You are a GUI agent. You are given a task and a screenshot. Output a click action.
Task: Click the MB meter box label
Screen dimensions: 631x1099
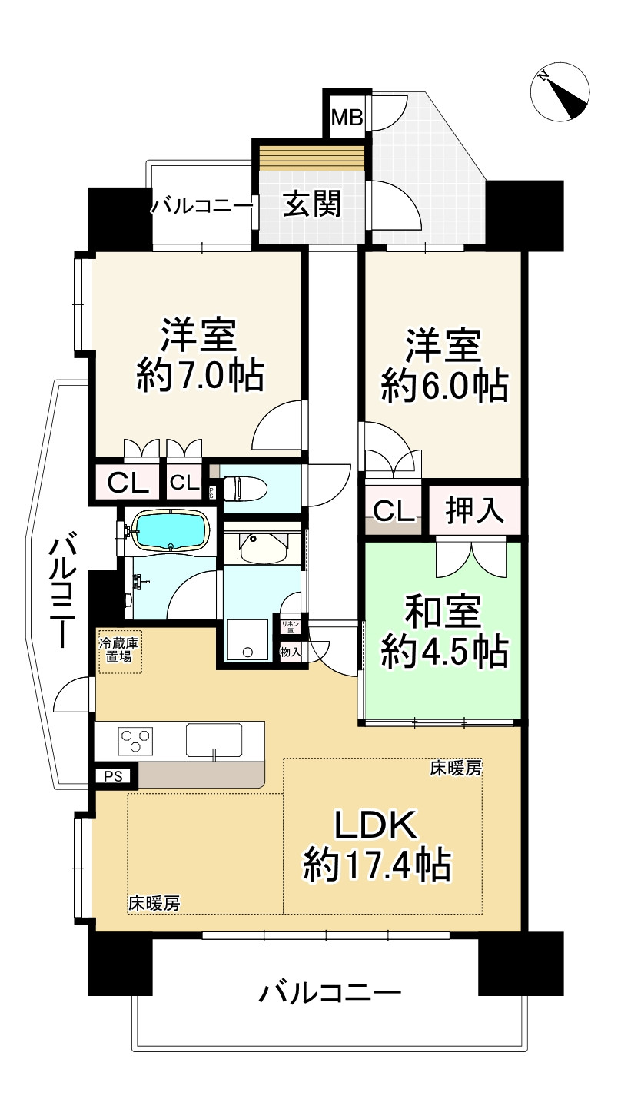[x=347, y=118]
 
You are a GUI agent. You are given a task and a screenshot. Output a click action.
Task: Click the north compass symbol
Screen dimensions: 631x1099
[x=560, y=91]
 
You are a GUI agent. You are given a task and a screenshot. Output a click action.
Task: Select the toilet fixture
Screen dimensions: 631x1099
[x=244, y=489]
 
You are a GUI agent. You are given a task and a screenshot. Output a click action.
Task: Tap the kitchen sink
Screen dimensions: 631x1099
[x=214, y=740]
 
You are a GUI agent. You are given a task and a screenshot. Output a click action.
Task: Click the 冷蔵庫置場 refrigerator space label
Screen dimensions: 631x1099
[x=119, y=650]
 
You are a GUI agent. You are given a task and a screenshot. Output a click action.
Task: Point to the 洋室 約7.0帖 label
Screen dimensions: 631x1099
[x=200, y=356]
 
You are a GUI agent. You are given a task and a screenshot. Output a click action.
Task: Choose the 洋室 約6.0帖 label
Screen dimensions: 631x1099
[x=444, y=367]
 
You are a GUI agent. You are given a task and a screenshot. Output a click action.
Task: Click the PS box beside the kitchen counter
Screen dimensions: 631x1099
[x=113, y=777]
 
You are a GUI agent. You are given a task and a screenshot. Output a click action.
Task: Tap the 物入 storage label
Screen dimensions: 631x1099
[x=291, y=652]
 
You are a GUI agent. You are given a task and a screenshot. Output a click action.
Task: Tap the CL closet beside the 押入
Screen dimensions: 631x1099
[x=394, y=511]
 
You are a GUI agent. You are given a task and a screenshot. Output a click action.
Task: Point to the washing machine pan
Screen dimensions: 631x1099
[x=247, y=639]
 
